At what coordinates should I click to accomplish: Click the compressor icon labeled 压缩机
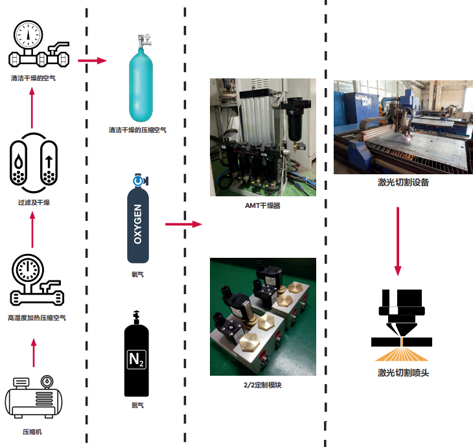[34, 397]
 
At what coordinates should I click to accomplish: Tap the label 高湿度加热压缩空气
[36, 318]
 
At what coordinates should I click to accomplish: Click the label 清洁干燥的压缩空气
[137, 130]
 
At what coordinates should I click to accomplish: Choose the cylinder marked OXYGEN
[137, 220]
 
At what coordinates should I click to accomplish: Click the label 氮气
[137, 406]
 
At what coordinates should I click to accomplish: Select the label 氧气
[137, 274]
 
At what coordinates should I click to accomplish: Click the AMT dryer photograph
[263, 137]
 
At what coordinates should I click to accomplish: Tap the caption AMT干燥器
[263, 205]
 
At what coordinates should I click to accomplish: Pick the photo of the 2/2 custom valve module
[263, 316]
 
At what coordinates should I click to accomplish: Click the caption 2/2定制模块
[263, 385]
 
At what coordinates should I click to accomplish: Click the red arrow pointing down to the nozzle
[398, 240]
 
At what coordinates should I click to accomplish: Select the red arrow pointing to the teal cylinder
[91, 61]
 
